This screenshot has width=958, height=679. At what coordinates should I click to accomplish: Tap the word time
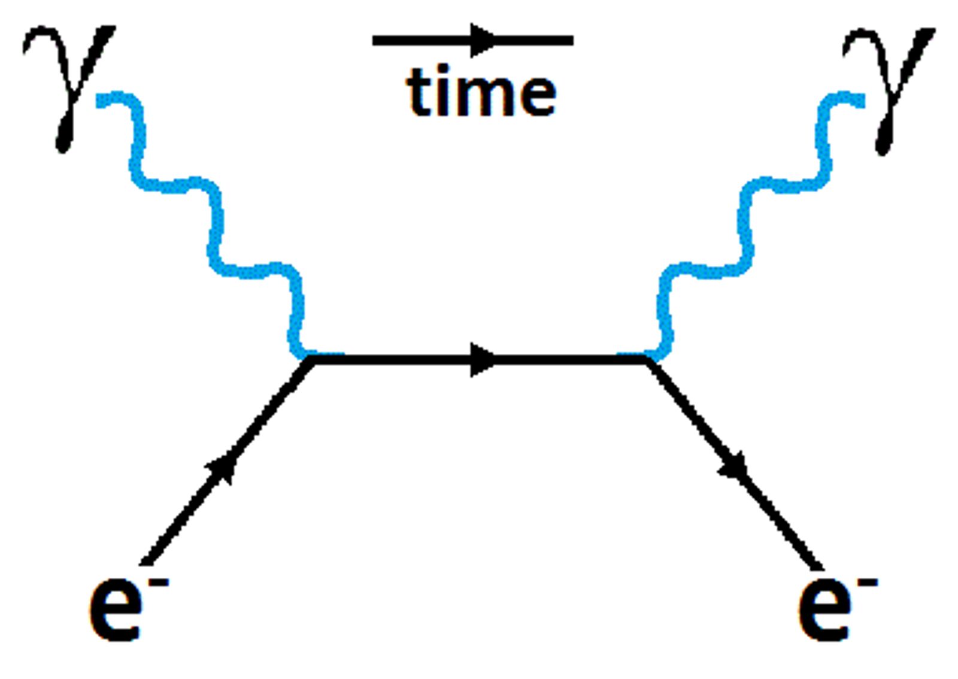[481, 90]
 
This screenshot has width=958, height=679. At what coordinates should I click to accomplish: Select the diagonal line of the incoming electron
[227, 462]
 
